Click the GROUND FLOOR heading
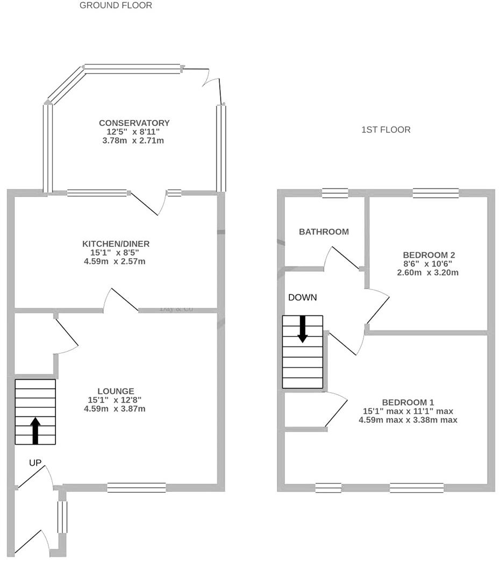click(116, 5)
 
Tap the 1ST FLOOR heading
click(386, 130)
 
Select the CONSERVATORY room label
click(134, 123)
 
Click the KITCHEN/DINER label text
click(116, 244)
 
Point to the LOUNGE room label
click(116, 391)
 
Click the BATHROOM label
click(324, 232)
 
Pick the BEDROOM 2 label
click(425, 255)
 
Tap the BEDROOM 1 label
click(408, 402)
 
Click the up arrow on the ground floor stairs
click(35, 430)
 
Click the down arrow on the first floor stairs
click(302, 329)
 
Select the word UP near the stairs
click(35, 463)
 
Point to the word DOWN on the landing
click(302, 297)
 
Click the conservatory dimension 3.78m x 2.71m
click(134, 141)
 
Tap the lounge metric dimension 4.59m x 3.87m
click(115, 409)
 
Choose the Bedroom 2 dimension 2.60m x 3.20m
click(425, 273)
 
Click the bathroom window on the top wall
click(335, 193)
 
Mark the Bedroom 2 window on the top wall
click(436, 193)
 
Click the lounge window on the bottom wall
click(136, 487)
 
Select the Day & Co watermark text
click(176, 309)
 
